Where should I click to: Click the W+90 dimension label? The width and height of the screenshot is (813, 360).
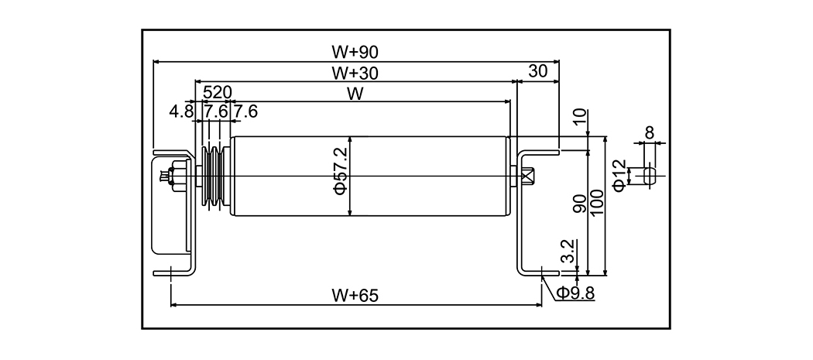[355, 53]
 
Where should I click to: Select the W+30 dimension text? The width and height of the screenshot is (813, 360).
[355, 74]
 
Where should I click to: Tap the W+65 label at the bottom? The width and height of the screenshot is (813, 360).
[355, 295]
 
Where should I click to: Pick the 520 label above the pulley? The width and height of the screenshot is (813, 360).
[217, 93]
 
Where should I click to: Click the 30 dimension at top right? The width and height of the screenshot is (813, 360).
[538, 71]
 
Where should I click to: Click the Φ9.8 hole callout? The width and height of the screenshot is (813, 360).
[575, 293]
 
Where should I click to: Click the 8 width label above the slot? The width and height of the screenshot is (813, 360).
[649, 132]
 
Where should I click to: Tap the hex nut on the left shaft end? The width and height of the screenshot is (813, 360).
[174, 176]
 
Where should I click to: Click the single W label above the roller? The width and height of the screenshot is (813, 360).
[355, 94]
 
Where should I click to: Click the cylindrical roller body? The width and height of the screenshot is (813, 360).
[369, 177]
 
